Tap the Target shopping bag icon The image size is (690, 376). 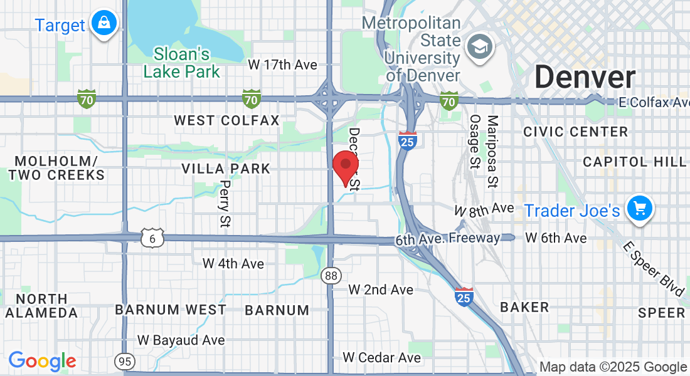[104, 24]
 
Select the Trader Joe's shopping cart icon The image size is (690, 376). [639, 209]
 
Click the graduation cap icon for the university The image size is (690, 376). [480, 47]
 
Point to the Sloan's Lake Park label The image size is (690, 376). [182, 63]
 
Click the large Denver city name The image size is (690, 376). [585, 78]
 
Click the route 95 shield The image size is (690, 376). [124, 361]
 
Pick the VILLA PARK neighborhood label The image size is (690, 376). [226, 169]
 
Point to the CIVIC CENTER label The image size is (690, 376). [575, 132]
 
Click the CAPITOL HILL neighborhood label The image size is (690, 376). [634, 162]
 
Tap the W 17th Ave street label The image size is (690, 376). [282, 65]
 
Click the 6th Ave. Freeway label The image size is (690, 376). [448, 239]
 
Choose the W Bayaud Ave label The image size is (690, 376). [181, 340]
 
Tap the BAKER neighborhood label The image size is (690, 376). [524, 307]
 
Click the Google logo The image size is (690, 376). [42, 361]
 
